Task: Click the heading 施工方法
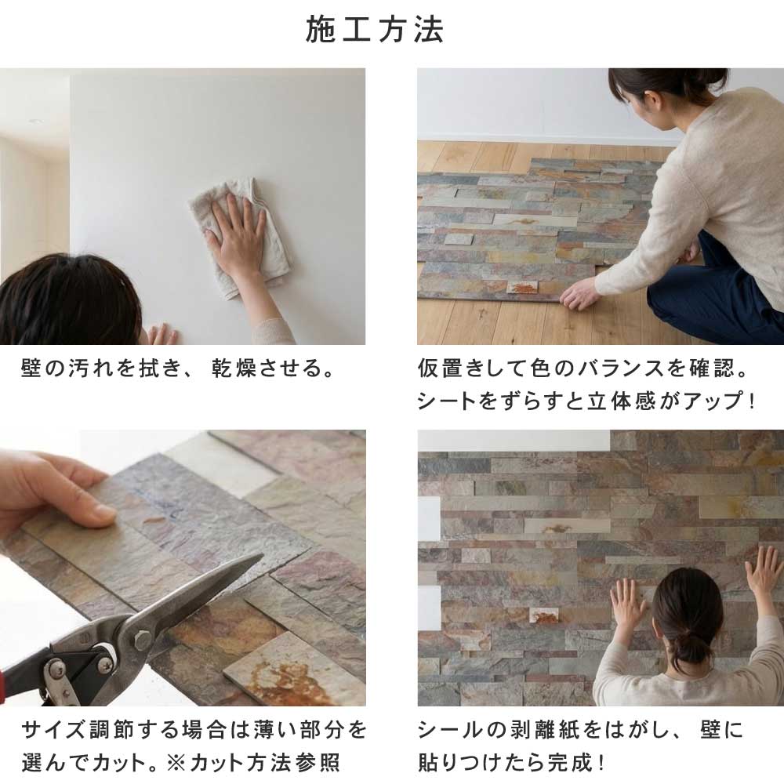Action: [376, 30]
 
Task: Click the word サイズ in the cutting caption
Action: [62, 731]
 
